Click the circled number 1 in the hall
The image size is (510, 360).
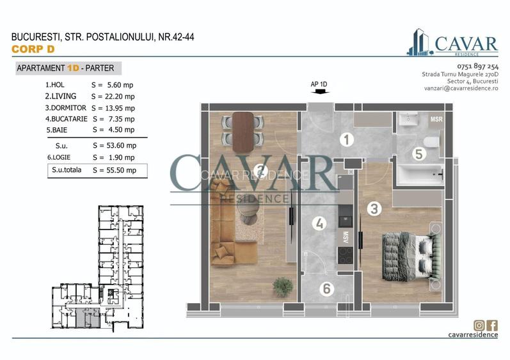pyautogui.click(x=346, y=139)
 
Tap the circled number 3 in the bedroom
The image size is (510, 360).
pyautogui.click(x=374, y=208)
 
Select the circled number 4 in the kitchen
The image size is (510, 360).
pyautogui.click(x=319, y=223)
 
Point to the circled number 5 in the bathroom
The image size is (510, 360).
pyautogui.click(x=419, y=153)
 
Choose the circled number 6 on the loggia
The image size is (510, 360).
pyautogui.click(x=326, y=288)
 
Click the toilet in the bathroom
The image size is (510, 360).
pyautogui.click(x=432, y=143)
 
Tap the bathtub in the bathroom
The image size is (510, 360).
pyautogui.click(x=420, y=175)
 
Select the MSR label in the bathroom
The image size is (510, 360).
pyautogui.click(x=436, y=119)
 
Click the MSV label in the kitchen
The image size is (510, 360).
pyautogui.click(x=346, y=237)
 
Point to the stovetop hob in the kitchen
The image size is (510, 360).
pyautogui.click(x=345, y=255)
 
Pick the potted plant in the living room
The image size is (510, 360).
pyautogui.click(x=283, y=287)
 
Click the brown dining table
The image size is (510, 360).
pyautogui.click(x=243, y=132)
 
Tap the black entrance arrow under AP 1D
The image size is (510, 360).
pyautogui.click(x=320, y=92)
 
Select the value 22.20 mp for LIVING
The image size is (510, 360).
pyautogui.click(x=120, y=97)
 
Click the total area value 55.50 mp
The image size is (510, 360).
pyautogui.click(x=122, y=170)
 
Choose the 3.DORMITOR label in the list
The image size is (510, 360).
pyautogui.click(x=66, y=108)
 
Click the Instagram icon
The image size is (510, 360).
pyautogui.click(x=479, y=325)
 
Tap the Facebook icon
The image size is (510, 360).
pyautogui.click(x=492, y=325)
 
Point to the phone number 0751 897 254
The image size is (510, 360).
pyautogui.click(x=477, y=67)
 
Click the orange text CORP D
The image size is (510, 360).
pyautogui.click(x=33, y=49)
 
